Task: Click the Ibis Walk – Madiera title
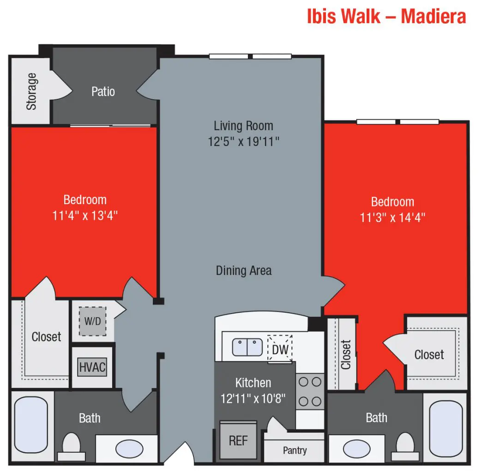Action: point(386,17)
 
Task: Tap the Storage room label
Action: point(31,91)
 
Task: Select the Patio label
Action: point(103,91)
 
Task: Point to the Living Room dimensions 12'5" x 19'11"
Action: point(244,141)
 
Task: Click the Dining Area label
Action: point(244,270)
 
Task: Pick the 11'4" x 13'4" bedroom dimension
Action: point(85,215)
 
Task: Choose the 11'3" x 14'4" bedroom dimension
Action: point(392,217)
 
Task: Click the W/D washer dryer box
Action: point(92,321)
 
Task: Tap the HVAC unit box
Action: point(92,368)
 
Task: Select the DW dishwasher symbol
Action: point(280,350)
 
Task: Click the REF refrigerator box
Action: point(238,440)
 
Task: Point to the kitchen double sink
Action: point(247,347)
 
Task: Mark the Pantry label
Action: point(295,450)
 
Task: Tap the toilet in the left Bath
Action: point(71,444)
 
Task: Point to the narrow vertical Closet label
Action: point(346,355)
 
